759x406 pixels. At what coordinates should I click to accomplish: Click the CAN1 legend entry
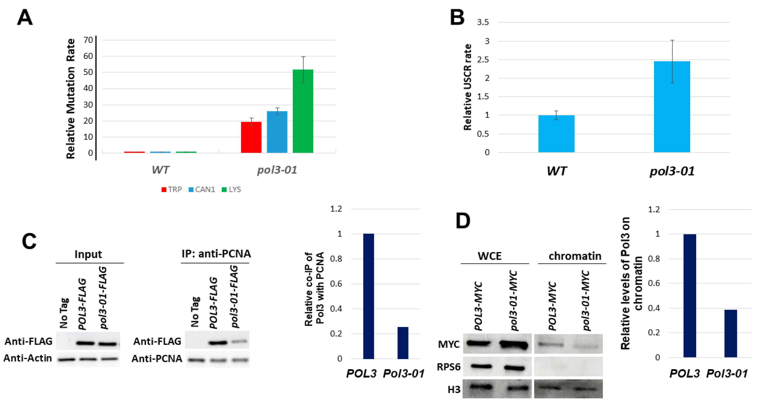tap(202, 189)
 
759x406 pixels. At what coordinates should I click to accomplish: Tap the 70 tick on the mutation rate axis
tap(88, 40)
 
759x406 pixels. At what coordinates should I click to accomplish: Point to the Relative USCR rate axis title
tap(467, 87)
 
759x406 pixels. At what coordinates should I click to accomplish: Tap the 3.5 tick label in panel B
tap(483, 22)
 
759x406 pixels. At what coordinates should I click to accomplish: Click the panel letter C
tap(29, 241)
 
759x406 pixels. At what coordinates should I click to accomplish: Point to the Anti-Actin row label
tap(28, 358)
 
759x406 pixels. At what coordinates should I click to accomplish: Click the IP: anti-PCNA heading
tap(216, 253)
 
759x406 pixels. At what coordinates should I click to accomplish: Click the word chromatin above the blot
tap(575, 256)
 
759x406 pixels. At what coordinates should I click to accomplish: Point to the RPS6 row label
tap(448, 367)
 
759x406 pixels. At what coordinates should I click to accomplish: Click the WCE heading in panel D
tap(489, 256)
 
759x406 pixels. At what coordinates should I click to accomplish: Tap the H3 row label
tap(454, 389)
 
